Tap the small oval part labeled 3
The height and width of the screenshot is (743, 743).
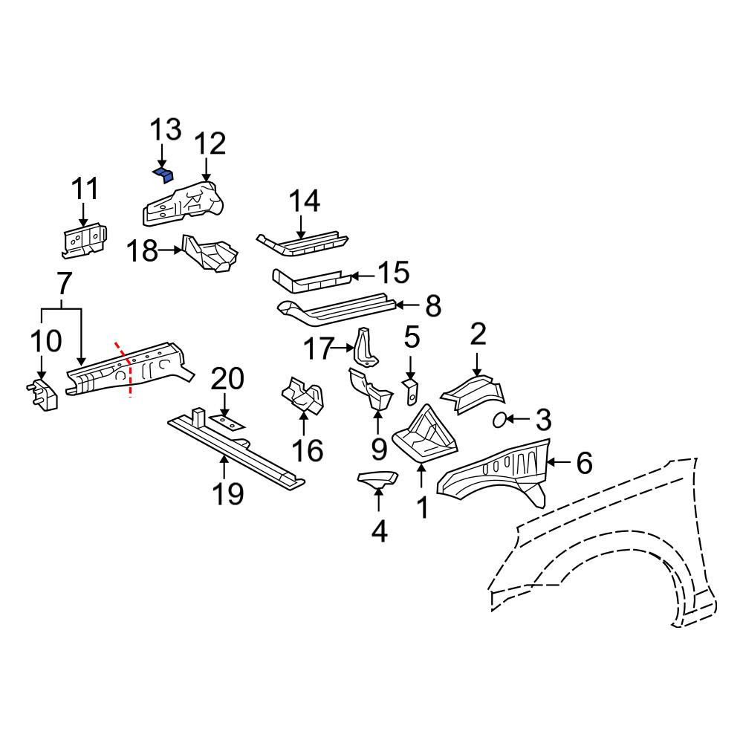coord(499,420)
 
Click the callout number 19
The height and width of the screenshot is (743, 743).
coord(228,494)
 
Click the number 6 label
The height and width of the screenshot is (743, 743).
coord(584,462)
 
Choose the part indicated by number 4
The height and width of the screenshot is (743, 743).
coord(377,479)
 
